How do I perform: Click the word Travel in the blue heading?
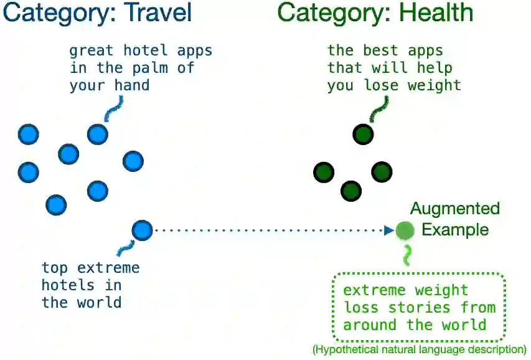coord(156,13)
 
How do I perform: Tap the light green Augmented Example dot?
coord(405,230)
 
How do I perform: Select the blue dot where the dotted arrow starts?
coord(142,230)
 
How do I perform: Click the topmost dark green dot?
coord(363,134)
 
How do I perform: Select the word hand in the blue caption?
coord(133,85)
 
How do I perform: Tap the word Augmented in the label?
coord(455,209)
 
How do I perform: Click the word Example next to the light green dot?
coord(455,230)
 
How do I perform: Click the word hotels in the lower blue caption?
coord(68,285)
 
